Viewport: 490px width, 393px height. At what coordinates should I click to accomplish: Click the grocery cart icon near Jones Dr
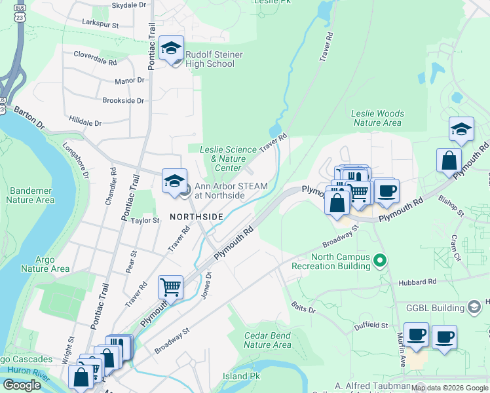click(170, 286)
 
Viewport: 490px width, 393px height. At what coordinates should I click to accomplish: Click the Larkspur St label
click(100, 24)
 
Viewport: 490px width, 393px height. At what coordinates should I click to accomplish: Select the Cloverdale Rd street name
click(95, 55)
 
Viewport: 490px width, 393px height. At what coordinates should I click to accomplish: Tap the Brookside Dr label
click(123, 100)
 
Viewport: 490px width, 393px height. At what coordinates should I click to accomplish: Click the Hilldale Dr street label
click(86, 122)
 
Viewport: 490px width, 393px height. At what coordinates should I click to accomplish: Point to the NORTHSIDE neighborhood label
click(197, 216)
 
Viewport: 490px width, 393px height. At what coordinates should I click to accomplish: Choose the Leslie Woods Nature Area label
click(377, 118)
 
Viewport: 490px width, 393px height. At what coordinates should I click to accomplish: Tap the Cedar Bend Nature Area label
click(267, 340)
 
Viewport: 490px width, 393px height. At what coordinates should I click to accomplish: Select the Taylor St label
click(145, 221)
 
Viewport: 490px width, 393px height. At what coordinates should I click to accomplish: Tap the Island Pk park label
click(241, 377)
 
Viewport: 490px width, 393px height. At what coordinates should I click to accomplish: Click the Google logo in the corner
click(22, 385)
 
